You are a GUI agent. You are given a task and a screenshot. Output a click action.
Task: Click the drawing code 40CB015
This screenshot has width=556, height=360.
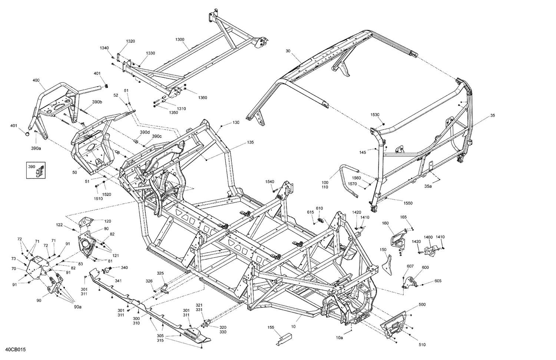[16, 350]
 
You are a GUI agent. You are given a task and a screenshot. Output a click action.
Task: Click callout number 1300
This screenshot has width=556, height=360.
[179, 39]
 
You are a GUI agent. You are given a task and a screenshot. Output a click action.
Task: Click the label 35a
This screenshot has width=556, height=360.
[428, 186]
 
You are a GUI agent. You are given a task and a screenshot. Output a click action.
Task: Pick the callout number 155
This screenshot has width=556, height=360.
[271, 327]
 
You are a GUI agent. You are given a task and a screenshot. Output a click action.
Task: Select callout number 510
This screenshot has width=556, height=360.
[422, 345]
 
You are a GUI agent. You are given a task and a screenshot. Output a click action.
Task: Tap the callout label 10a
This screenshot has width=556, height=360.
[339, 337]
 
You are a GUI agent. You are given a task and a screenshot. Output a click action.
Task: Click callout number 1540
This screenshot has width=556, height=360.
[269, 181]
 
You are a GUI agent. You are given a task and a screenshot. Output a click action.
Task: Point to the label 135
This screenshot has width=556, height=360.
[251, 142]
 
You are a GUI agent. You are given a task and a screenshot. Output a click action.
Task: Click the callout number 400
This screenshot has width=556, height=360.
[36, 80]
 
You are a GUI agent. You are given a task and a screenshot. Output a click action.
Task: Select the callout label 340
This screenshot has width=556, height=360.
[124, 267]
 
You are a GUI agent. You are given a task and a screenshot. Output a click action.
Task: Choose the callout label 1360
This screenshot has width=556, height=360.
[202, 98]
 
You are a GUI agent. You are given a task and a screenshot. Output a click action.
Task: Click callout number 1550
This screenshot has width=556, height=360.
[408, 203]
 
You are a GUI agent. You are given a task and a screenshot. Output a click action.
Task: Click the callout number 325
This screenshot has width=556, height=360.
[160, 273]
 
